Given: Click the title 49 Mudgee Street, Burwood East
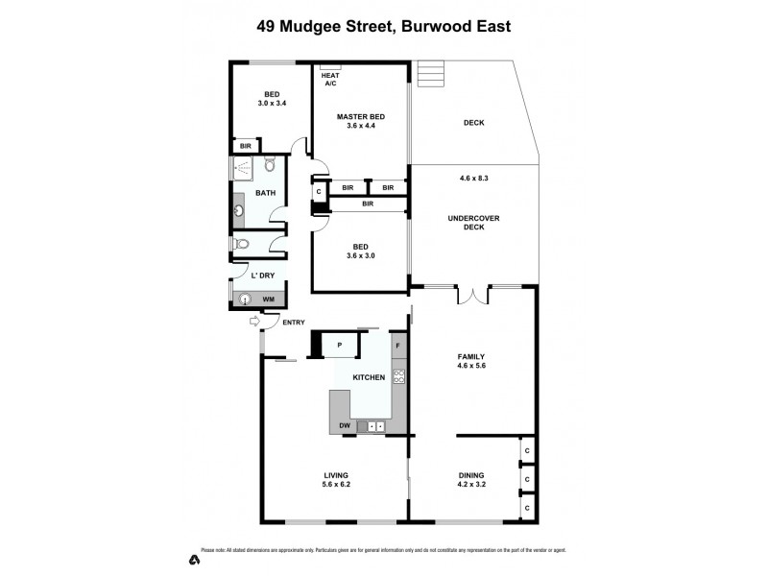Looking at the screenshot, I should pyautogui.click(x=383, y=26).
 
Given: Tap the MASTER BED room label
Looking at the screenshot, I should pyautogui.click(x=360, y=117).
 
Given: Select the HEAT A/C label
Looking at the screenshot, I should pyautogui.click(x=330, y=79).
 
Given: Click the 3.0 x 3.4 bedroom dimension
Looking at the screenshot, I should pyautogui.click(x=273, y=103).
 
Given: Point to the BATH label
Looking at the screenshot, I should pyautogui.click(x=265, y=193).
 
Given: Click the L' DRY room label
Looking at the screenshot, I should pyautogui.click(x=265, y=276).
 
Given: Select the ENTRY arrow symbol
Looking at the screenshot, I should pyautogui.click(x=253, y=324).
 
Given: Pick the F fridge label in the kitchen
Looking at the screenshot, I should pyautogui.click(x=397, y=344).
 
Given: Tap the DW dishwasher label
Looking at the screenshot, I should pyautogui.click(x=344, y=425).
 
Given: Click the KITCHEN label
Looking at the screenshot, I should pyautogui.click(x=369, y=377).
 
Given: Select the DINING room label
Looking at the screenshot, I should pyautogui.click(x=471, y=475).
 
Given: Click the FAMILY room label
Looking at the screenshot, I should pyautogui.click(x=470, y=356).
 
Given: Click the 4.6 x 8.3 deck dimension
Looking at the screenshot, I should pyautogui.click(x=474, y=178).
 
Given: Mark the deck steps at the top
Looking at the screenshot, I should pyautogui.click(x=432, y=75).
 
